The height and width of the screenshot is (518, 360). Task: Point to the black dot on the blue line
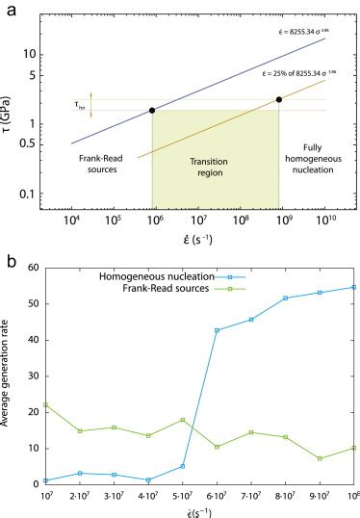click(152, 111)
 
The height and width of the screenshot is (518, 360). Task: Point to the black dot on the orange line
click(279, 99)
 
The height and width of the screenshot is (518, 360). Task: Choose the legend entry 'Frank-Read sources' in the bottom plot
click(159, 288)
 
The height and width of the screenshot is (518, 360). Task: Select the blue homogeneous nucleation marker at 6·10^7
click(216, 330)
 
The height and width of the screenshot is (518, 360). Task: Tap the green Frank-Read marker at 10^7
click(44, 404)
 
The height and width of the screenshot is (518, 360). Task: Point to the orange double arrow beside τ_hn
click(90, 102)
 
